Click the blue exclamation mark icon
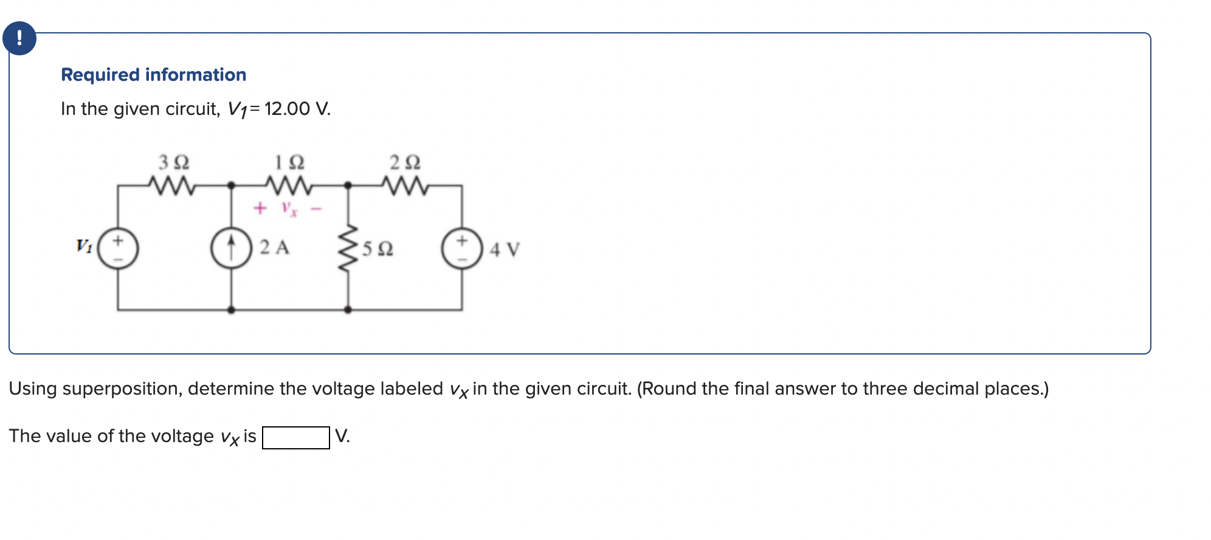click(19, 38)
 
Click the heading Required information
click(153, 75)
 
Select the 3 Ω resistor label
click(174, 162)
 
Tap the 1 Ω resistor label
click(289, 162)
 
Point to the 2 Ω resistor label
click(405, 162)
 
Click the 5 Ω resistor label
click(378, 249)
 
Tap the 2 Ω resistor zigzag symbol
click(405, 185)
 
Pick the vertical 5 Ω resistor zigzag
click(348, 248)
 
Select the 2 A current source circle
click(231, 249)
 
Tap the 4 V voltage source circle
click(462, 249)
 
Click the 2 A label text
click(274, 247)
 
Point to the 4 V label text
click(505, 249)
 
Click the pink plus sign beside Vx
click(260, 209)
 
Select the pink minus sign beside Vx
click(316, 209)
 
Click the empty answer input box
click(295, 437)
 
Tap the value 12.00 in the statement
click(287, 109)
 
